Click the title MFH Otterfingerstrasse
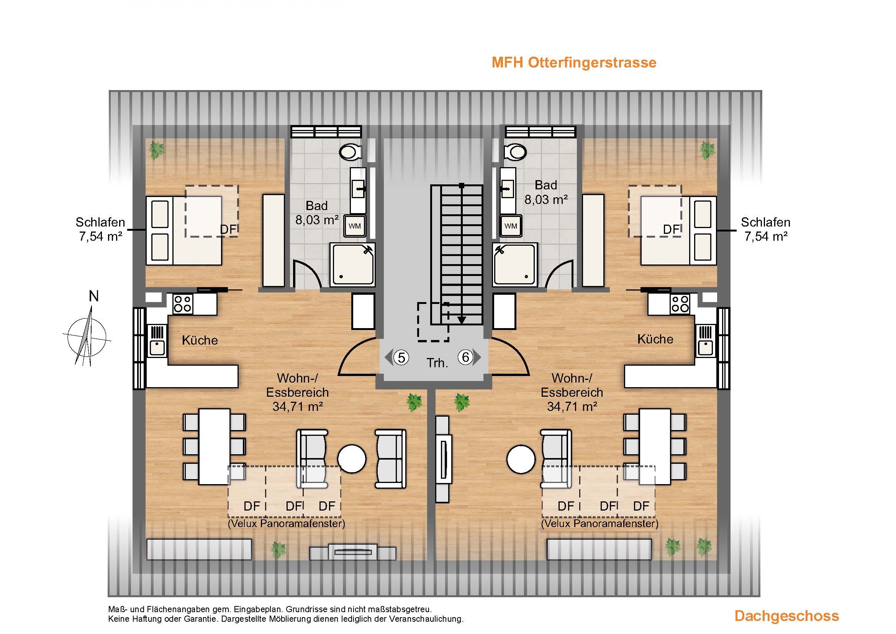[x=574, y=63]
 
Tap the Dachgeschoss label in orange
[x=787, y=616]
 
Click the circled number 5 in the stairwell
[x=401, y=357]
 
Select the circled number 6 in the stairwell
[x=465, y=357]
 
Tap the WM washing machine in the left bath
[x=354, y=226]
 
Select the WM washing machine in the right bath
[x=511, y=226]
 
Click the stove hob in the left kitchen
[x=183, y=304]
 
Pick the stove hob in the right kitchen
[x=680, y=304]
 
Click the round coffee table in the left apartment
[x=352, y=459]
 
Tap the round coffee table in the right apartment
[x=521, y=459]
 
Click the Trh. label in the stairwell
[x=437, y=363]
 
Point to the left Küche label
[x=200, y=340]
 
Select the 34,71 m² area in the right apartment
[x=572, y=407]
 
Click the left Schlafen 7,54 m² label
[x=100, y=229]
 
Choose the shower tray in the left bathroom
[x=352, y=264]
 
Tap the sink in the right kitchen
[x=706, y=347]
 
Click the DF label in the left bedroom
[x=229, y=230]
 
